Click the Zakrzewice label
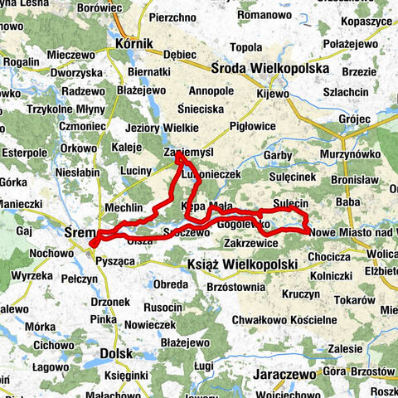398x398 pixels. (x=250, y=245)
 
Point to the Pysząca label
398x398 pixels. (x=116, y=260)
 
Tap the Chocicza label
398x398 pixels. (x=330, y=256)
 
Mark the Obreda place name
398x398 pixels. (x=171, y=285)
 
